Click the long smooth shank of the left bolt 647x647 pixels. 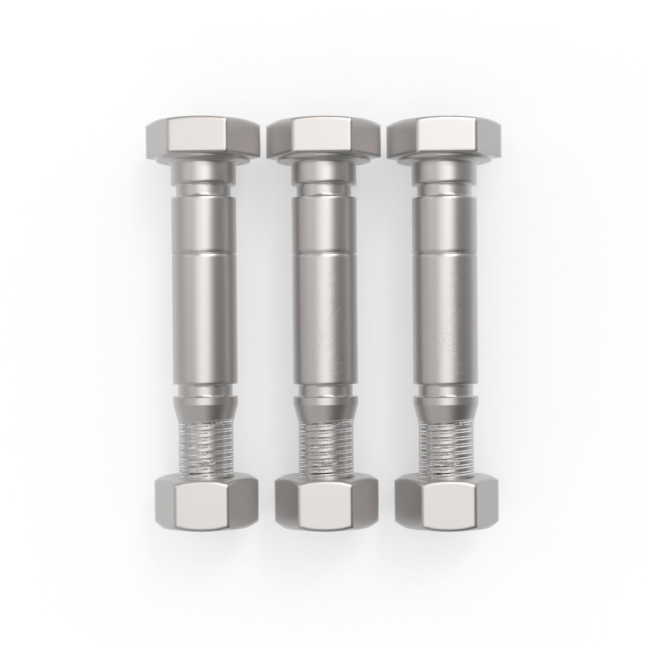point(205,314)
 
